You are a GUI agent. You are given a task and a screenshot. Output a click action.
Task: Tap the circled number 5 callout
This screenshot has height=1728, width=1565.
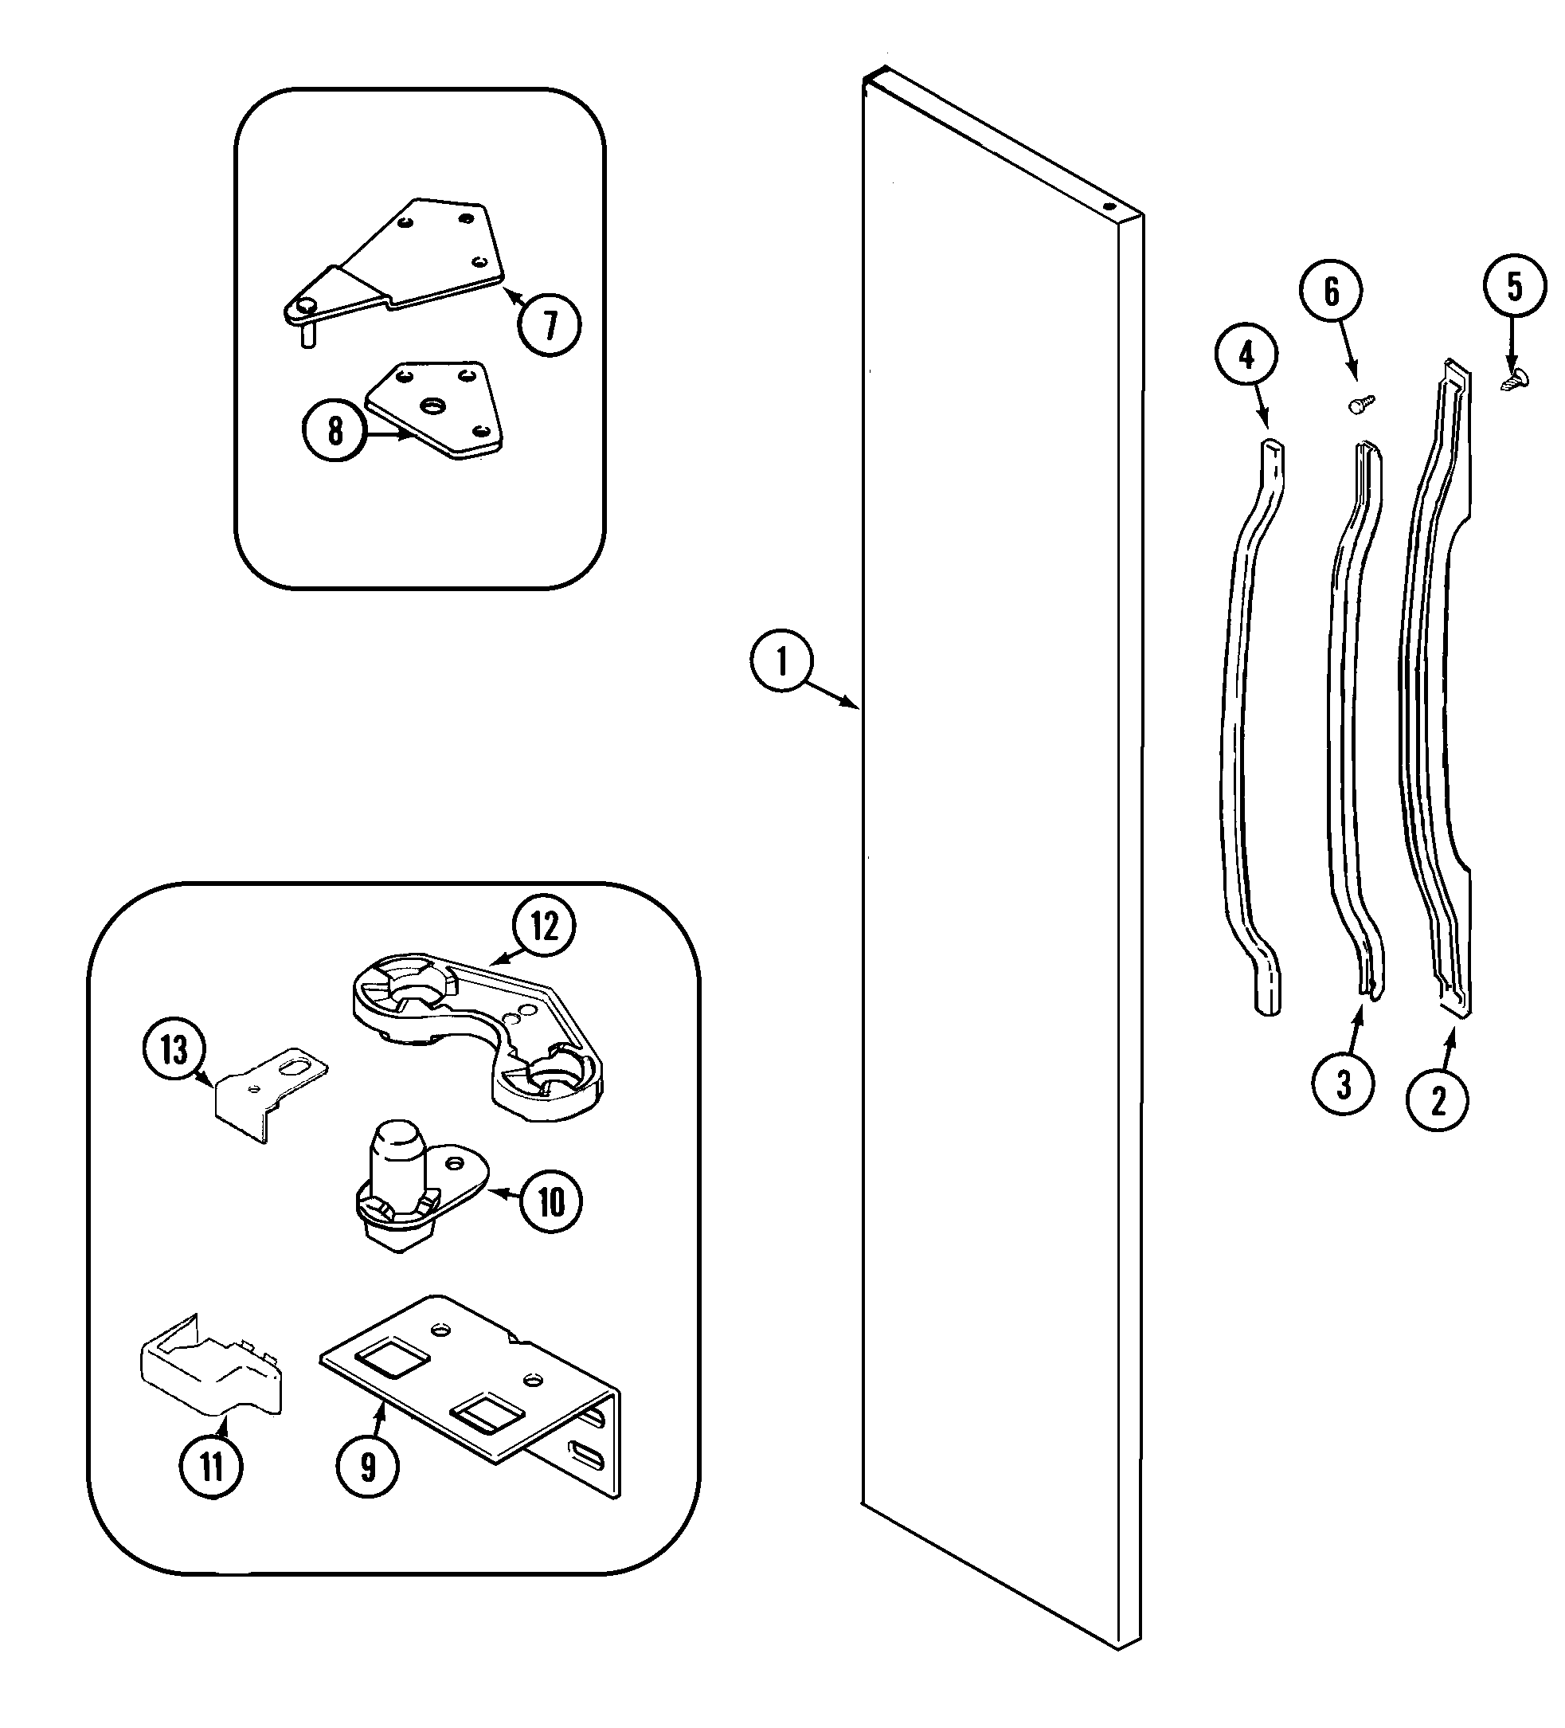point(1515,287)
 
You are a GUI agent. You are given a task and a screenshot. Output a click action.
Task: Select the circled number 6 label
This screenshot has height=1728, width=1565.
point(1331,292)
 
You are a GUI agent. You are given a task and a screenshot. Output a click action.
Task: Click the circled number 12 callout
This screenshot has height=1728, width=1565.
point(544,927)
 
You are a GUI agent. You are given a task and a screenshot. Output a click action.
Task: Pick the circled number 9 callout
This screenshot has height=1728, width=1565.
point(368,1467)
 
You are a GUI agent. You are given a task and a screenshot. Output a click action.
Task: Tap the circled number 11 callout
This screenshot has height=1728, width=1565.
point(211,1467)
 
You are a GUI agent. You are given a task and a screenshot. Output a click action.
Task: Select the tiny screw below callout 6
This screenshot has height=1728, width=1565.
point(1360,404)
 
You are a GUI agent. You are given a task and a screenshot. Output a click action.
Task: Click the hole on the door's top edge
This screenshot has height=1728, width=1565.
point(1108,206)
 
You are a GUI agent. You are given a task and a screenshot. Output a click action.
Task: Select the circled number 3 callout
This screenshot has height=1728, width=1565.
point(1343,1085)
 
